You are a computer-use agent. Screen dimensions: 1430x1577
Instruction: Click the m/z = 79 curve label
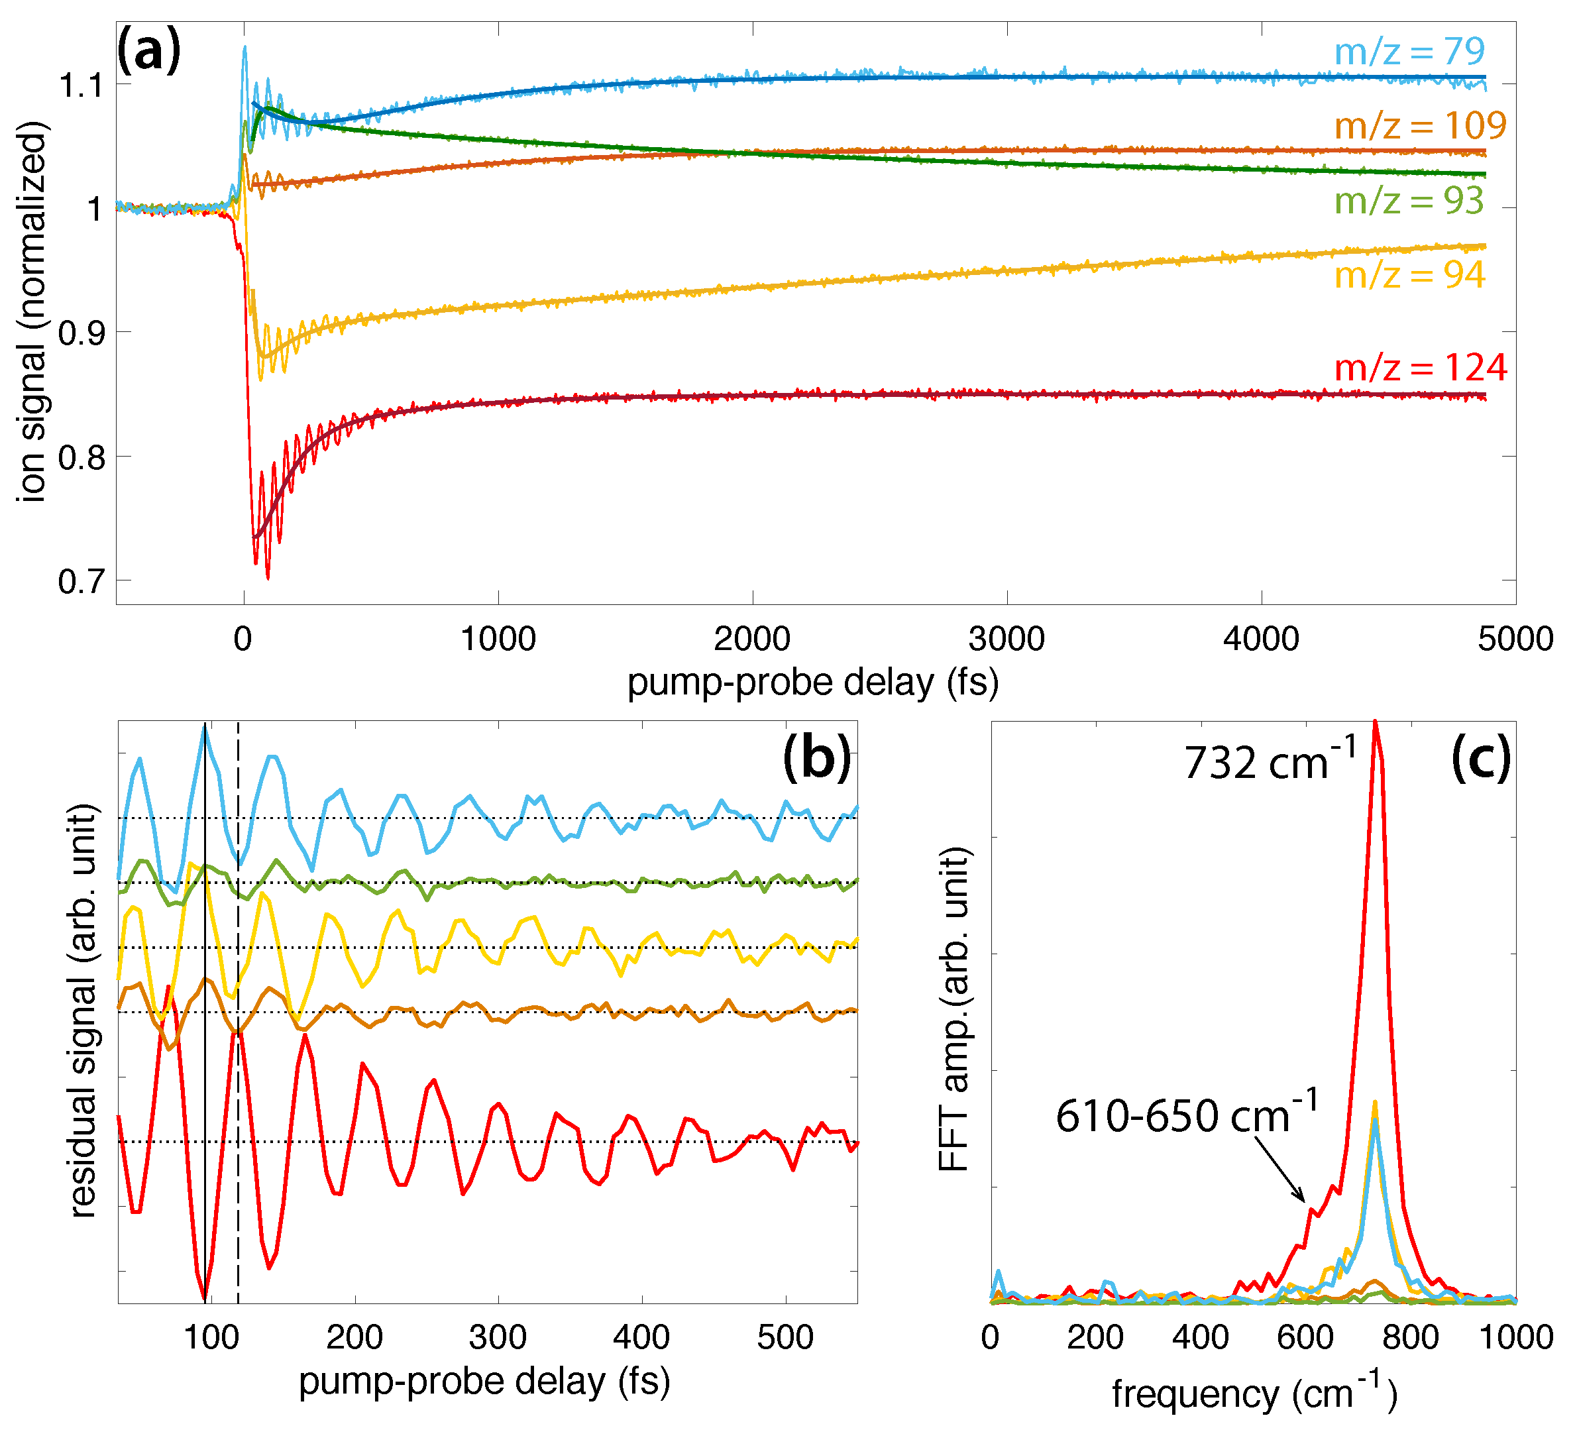click(x=1409, y=52)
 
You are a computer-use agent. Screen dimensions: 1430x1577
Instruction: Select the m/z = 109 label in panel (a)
click(x=1420, y=125)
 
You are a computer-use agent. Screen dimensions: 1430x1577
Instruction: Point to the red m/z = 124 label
click(x=1420, y=368)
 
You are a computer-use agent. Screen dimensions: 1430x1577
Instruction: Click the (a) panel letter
click(x=148, y=50)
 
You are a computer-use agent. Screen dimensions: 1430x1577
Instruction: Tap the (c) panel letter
click(x=1480, y=757)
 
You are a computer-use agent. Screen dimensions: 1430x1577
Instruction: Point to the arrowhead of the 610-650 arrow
click(x=1303, y=1199)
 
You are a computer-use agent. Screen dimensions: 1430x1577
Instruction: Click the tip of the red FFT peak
click(x=1375, y=723)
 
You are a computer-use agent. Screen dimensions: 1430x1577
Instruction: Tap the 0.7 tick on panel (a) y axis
click(x=82, y=582)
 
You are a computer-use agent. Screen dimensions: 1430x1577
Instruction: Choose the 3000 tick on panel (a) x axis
click(x=1006, y=639)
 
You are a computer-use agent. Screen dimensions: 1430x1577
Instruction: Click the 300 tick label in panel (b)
click(x=498, y=1337)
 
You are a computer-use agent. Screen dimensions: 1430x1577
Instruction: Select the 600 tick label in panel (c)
click(x=1305, y=1337)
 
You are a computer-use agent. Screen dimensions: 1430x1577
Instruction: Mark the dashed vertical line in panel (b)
click(x=238, y=939)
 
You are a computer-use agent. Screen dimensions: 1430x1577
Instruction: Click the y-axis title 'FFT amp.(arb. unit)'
click(x=953, y=1009)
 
